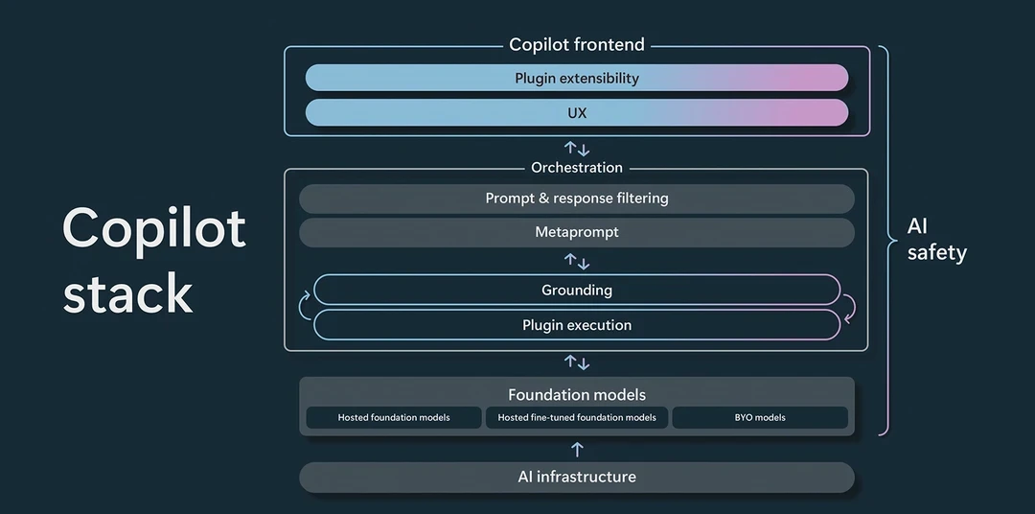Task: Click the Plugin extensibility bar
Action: [576, 78]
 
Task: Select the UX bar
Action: [576, 113]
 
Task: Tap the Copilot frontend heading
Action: [576, 44]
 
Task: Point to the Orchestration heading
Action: [577, 168]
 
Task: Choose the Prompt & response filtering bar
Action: [576, 199]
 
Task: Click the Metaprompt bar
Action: [576, 233]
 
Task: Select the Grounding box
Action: [576, 290]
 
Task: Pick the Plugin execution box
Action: [576, 325]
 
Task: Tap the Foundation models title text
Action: [577, 394]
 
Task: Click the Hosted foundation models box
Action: [394, 417]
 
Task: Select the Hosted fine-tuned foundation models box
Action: [577, 417]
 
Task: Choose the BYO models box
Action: [760, 417]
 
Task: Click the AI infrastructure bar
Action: [576, 477]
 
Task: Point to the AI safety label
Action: [936, 239]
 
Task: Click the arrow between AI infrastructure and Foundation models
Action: [577, 449]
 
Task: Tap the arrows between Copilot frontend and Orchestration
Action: [577, 149]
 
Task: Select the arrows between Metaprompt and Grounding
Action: [577, 262]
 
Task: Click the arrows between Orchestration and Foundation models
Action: [577, 362]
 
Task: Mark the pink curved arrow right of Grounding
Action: [849, 308]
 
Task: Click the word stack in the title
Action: [128, 293]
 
